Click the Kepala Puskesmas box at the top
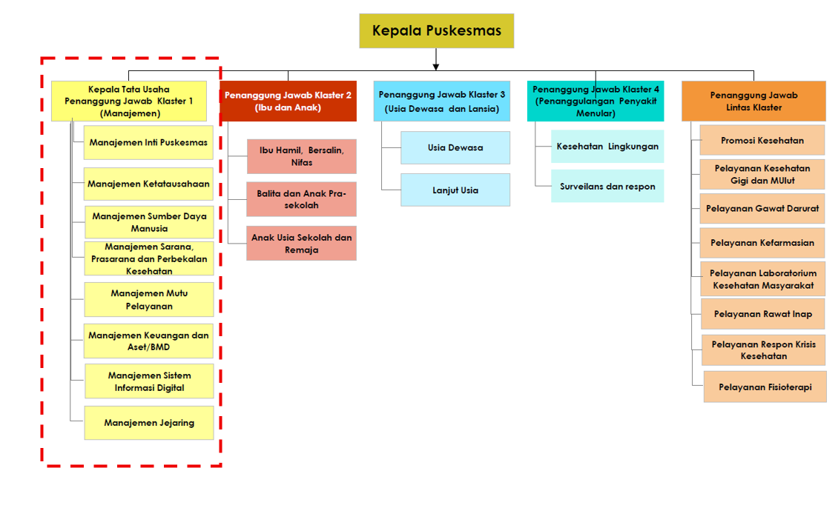(x=436, y=31)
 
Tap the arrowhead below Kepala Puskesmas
(x=436, y=64)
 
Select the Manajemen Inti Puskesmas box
(x=148, y=142)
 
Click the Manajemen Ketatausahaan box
(x=148, y=184)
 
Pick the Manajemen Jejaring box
(x=149, y=423)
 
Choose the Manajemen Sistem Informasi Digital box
(x=149, y=381)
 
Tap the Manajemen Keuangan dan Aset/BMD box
(x=148, y=341)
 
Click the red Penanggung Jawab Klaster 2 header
(x=288, y=101)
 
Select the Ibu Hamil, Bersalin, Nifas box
(x=301, y=156)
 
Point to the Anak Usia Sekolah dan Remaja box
(x=301, y=244)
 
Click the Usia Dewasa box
(x=455, y=147)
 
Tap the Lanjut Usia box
(x=455, y=190)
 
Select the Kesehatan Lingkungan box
(x=607, y=147)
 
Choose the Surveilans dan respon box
(x=607, y=187)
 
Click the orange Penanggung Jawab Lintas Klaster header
(x=753, y=101)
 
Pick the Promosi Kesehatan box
(x=762, y=140)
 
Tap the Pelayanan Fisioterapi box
(x=765, y=387)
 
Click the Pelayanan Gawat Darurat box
(x=762, y=209)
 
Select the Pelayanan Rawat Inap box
(x=763, y=314)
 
